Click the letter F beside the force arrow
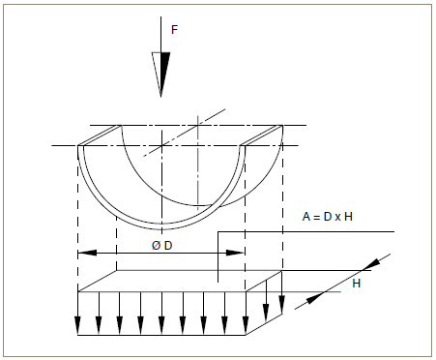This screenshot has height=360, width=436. coord(174,30)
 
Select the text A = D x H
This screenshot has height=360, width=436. coord(327,217)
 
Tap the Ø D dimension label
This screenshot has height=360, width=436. coord(162,246)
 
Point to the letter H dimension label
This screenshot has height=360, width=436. coord(357,284)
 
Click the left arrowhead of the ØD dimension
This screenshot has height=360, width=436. coord(87,253)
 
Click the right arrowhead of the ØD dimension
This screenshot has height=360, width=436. coord(235,253)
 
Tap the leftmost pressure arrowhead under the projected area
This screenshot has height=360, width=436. coord(77,326)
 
